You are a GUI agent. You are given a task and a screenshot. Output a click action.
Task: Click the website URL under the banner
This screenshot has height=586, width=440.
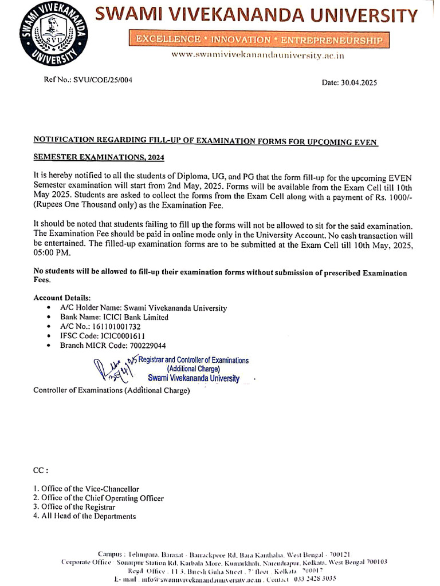(x=258, y=56)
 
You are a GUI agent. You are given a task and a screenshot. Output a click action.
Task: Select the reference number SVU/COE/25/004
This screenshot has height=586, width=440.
(x=103, y=80)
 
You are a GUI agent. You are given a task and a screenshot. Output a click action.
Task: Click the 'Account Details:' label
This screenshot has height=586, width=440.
(x=62, y=298)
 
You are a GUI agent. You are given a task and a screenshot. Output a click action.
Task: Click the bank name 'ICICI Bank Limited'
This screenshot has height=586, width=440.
(x=135, y=317)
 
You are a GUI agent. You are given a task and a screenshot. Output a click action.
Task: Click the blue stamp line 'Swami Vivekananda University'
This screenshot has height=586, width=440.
(x=193, y=378)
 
